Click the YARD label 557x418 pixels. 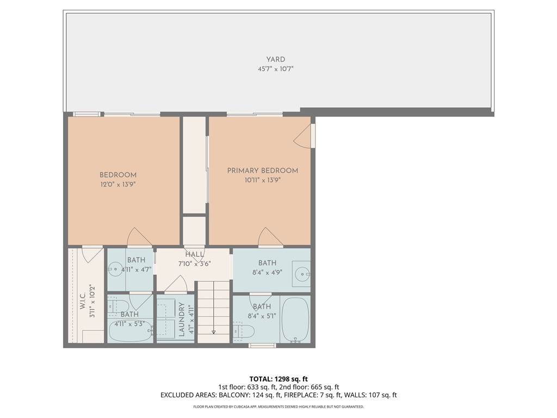tap(275, 59)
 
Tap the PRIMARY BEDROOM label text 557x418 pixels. tap(262, 170)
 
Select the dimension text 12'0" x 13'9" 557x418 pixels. tap(117, 185)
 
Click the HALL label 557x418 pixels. tap(194, 254)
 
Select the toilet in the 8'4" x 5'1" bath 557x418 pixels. tap(244, 330)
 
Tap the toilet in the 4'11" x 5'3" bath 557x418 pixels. tap(116, 306)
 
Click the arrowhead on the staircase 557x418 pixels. tap(213, 331)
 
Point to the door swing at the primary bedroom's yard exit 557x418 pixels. tap(303, 136)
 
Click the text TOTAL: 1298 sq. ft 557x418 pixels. tap(278, 378)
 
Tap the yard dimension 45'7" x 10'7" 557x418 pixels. tap(275, 69)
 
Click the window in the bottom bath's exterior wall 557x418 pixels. tap(262, 345)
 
